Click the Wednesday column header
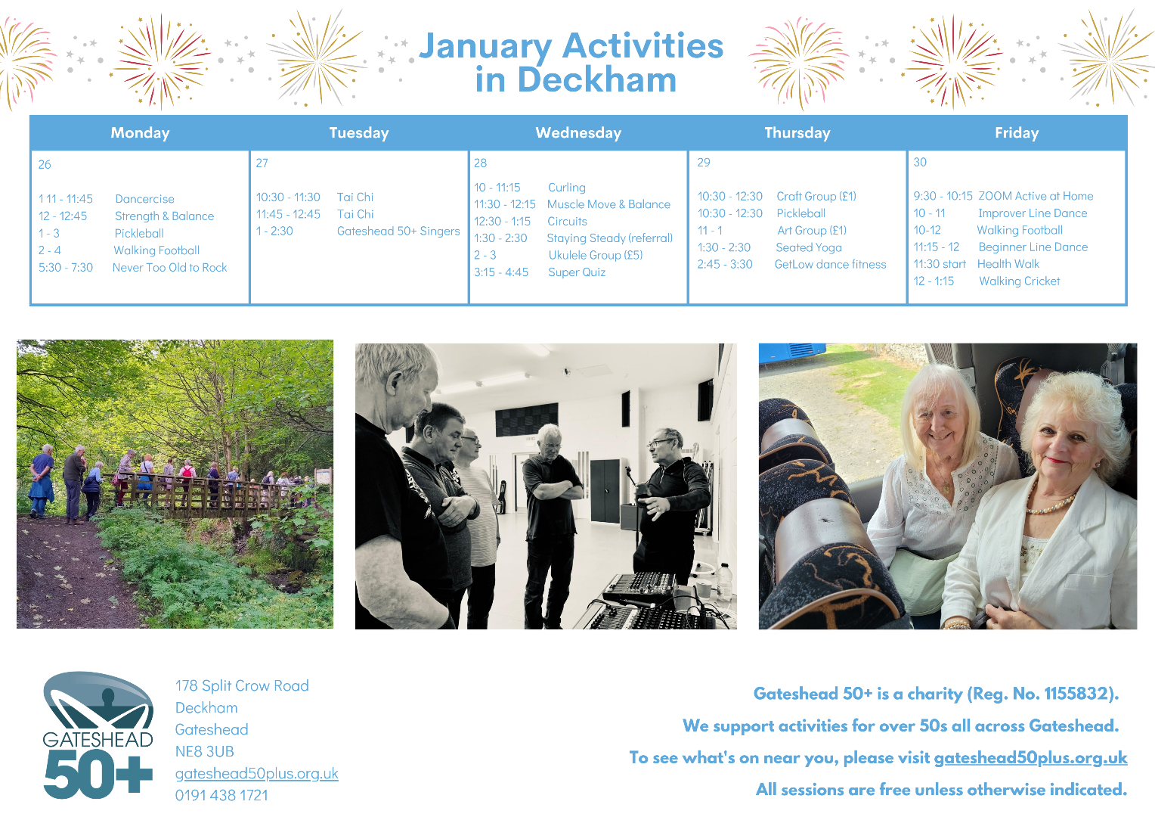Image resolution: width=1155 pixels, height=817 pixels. pos(578,132)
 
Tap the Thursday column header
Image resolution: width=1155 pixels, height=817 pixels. pos(797,132)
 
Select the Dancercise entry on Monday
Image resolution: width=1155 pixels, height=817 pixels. pos(144,199)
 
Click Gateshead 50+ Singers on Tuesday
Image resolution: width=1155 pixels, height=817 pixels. pos(398,231)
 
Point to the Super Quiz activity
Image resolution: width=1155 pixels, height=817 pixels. pos(577,272)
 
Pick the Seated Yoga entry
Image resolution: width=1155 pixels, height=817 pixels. pos(809,247)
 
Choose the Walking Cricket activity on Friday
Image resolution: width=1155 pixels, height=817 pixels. pos(1020,281)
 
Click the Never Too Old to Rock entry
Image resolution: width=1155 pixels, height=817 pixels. pos(169,267)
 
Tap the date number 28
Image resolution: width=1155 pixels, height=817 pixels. pos(480,163)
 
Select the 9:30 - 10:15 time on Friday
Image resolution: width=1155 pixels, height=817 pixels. pos(943,196)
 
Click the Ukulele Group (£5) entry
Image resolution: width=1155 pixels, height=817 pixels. pos(595,255)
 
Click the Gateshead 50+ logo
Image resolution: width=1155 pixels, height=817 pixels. pos(98,735)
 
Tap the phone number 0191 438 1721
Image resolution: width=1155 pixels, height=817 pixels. pos(221,795)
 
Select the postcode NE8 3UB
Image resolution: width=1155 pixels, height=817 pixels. pos(204,751)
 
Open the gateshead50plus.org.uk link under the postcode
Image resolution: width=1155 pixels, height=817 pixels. pos(257,773)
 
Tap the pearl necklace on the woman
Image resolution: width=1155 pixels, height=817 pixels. pos(1049,503)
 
